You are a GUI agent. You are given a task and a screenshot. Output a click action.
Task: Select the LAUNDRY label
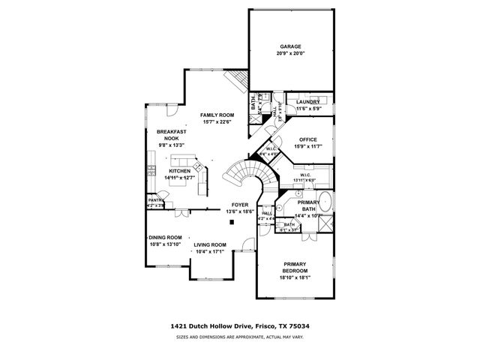point(308,102)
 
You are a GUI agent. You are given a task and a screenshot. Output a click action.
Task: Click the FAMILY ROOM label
point(216,115)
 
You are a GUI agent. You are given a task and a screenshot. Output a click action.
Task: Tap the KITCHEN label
point(179,171)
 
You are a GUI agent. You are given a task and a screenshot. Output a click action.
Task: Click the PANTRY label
point(156,200)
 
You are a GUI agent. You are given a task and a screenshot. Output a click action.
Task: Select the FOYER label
point(240,205)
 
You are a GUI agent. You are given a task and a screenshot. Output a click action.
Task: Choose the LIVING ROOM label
point(210,245)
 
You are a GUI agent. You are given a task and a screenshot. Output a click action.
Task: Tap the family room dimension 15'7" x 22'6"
point(216,122)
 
